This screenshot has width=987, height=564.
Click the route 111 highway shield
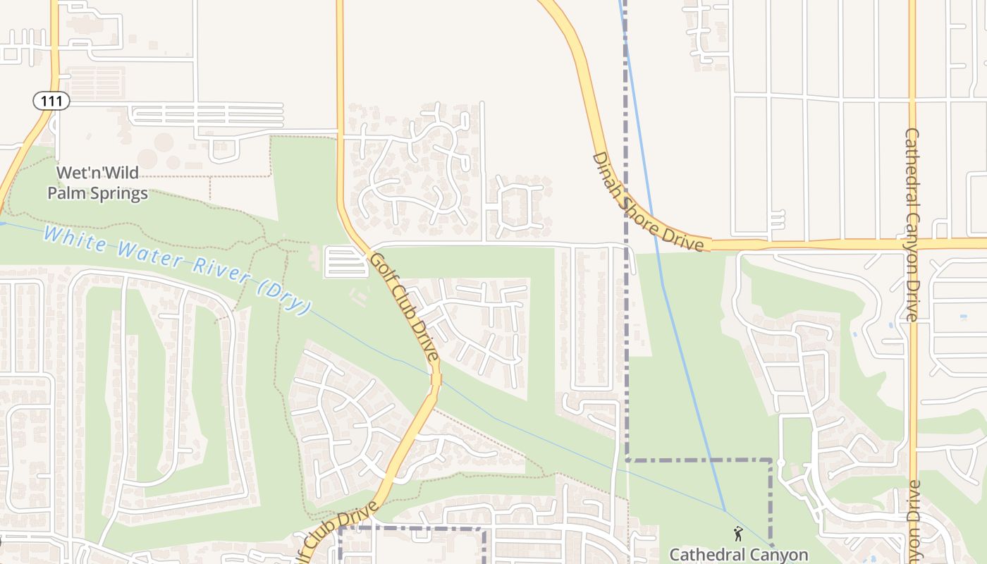51,101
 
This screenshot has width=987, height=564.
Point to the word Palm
62,193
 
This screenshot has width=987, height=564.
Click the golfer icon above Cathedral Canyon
738,534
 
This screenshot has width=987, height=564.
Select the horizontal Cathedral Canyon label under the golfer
738,554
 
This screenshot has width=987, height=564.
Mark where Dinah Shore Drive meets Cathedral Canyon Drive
912,244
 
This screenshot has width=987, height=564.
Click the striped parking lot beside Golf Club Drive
345,262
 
